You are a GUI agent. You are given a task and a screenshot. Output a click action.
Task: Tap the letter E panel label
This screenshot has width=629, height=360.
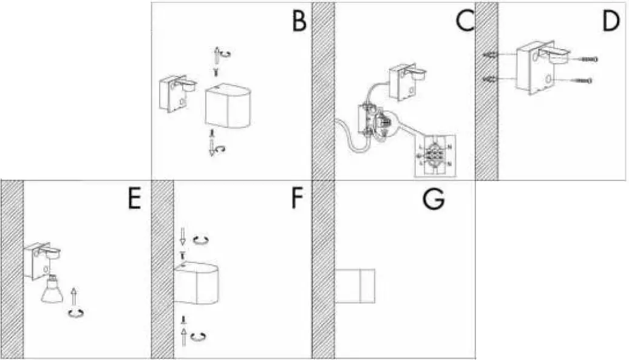pos(134,200)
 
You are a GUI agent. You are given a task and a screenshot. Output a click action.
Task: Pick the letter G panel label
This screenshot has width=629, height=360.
pos(433,200)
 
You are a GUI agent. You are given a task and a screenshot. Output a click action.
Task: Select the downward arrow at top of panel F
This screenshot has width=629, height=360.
pos(182,234)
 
